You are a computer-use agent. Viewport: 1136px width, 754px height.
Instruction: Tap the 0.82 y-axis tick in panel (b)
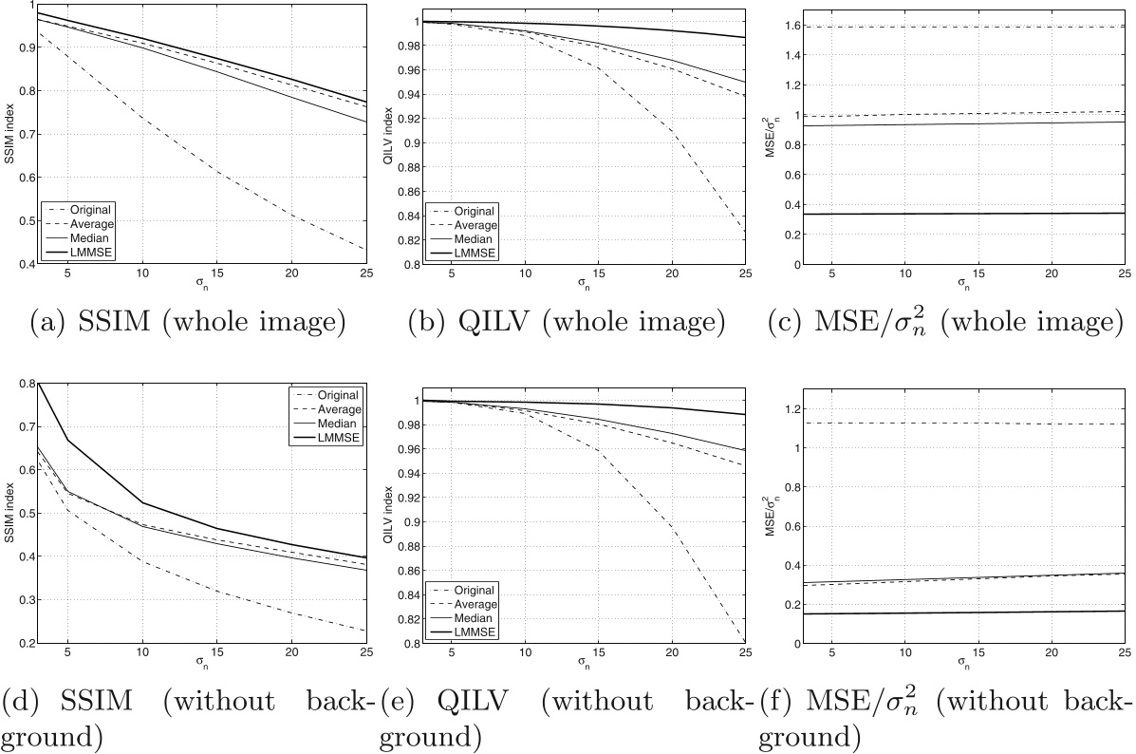click(398, 240)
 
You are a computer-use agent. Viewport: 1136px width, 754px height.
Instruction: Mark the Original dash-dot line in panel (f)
click(959, 424)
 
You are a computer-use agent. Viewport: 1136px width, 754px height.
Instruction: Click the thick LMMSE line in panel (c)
click(959, 214)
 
